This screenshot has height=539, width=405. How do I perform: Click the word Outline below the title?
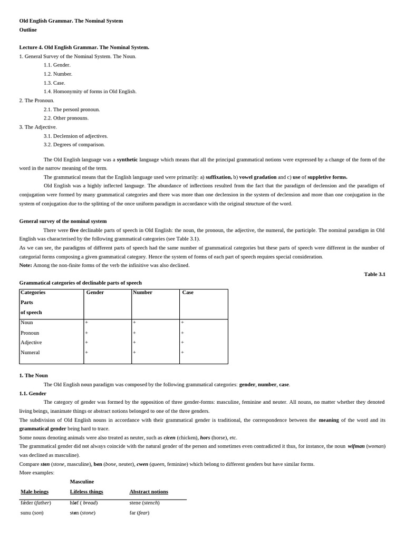(x=28, y=30)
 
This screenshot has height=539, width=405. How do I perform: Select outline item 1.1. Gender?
(x=57, y=65)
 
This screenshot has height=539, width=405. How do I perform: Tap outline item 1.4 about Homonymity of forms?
(x=90, y=92)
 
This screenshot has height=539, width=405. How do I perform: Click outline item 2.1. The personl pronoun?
(x=72, y=109)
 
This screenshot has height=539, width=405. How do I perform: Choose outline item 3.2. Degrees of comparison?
(x=74, y=145)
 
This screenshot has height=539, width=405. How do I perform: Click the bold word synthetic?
(x=127, y=159)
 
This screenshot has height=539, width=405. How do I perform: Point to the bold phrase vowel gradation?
(x=258, y=177)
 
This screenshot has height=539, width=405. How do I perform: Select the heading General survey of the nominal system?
(x=63, y=222)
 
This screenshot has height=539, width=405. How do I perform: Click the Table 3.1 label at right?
(x=374, y=274)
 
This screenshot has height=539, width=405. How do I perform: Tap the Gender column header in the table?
(x=95, y=293)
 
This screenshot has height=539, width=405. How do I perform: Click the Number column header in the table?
(x=143, y=293)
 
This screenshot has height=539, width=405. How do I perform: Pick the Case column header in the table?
(x=188, y=293)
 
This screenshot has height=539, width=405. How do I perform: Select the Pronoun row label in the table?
(x=30, y=333)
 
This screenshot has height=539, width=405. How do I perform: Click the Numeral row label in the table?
(x=30, y=353)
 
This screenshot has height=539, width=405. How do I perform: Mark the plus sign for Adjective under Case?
(x=182, y=343)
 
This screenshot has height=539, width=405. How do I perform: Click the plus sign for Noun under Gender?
(x=86, y=323)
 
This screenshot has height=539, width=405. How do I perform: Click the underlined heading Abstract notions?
(x=149, y=492)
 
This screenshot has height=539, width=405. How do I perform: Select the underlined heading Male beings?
(x=35, y=492)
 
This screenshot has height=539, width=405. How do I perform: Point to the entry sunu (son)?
(x=32, y=513)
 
